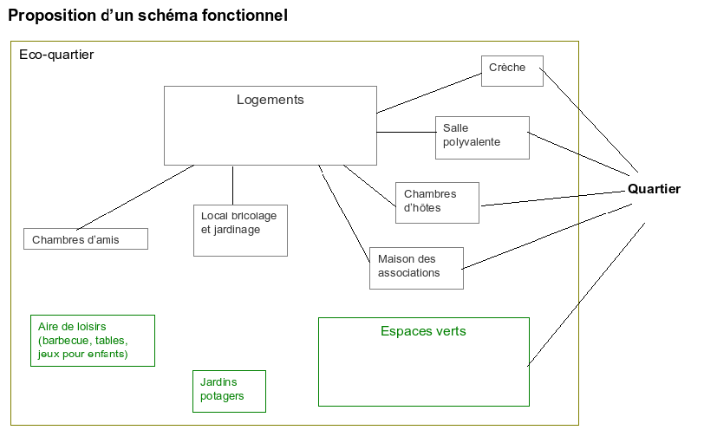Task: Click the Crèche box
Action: point(512,71)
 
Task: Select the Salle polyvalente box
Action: point(482,138)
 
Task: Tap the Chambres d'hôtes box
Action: point(438,203)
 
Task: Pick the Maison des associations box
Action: point(416,268)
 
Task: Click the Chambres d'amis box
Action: point(85,238)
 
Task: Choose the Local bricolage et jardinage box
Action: point(240,231)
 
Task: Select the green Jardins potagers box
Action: point(229,391)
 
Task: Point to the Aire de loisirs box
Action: point(92,341)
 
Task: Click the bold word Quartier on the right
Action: point(654,189)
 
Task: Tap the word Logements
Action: point(271,100)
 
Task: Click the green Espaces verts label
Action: point(423,331)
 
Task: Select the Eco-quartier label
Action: point(56,55)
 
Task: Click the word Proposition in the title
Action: point(49,16)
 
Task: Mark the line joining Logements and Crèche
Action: point(429,94)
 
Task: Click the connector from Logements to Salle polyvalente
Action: point(406,133)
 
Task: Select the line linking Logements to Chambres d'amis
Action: point(134,197)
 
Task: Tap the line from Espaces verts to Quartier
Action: point(587,293)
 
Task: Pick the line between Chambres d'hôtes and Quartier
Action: point(555,197)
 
